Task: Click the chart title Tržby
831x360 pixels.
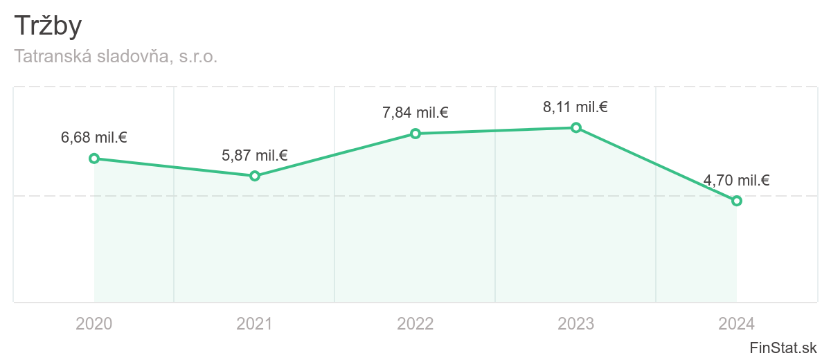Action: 48,26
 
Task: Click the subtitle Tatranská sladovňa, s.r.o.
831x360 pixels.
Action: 116,57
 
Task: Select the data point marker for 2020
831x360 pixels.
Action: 94,159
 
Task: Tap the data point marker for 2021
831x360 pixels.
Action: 255,176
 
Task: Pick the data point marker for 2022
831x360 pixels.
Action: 415,134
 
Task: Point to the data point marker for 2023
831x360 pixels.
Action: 576,127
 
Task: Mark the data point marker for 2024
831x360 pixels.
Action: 737,201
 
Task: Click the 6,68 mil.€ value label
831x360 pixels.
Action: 94,137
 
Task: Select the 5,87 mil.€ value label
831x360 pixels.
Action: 255,155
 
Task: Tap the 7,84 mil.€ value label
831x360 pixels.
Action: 415,112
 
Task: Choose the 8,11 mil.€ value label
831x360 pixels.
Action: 575,107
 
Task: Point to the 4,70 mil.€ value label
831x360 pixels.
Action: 737,181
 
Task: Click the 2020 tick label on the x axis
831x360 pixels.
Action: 94,323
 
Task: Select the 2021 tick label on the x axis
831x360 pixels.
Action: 255,323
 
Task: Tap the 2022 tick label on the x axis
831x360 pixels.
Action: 415,323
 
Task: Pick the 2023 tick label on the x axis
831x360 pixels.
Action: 576,323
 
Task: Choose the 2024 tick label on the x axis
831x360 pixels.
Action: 737,323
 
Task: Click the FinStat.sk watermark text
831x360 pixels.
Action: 783,348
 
